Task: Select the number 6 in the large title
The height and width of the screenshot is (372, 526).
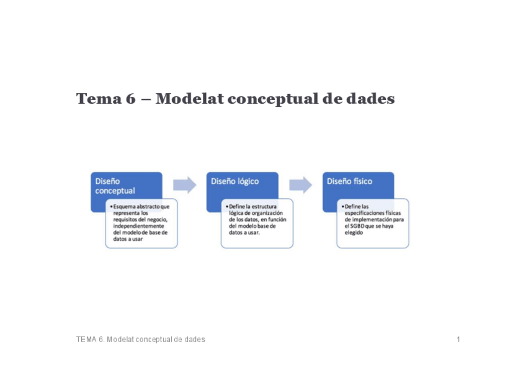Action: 130,99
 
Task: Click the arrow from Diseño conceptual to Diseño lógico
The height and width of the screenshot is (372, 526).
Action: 184,184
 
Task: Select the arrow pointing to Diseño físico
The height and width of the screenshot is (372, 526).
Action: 300,184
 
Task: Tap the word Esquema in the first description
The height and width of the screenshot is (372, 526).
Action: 125,206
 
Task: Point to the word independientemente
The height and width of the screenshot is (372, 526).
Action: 138,226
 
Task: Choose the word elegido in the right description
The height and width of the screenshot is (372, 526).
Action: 354,233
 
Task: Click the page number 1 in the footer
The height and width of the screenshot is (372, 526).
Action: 458,340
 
